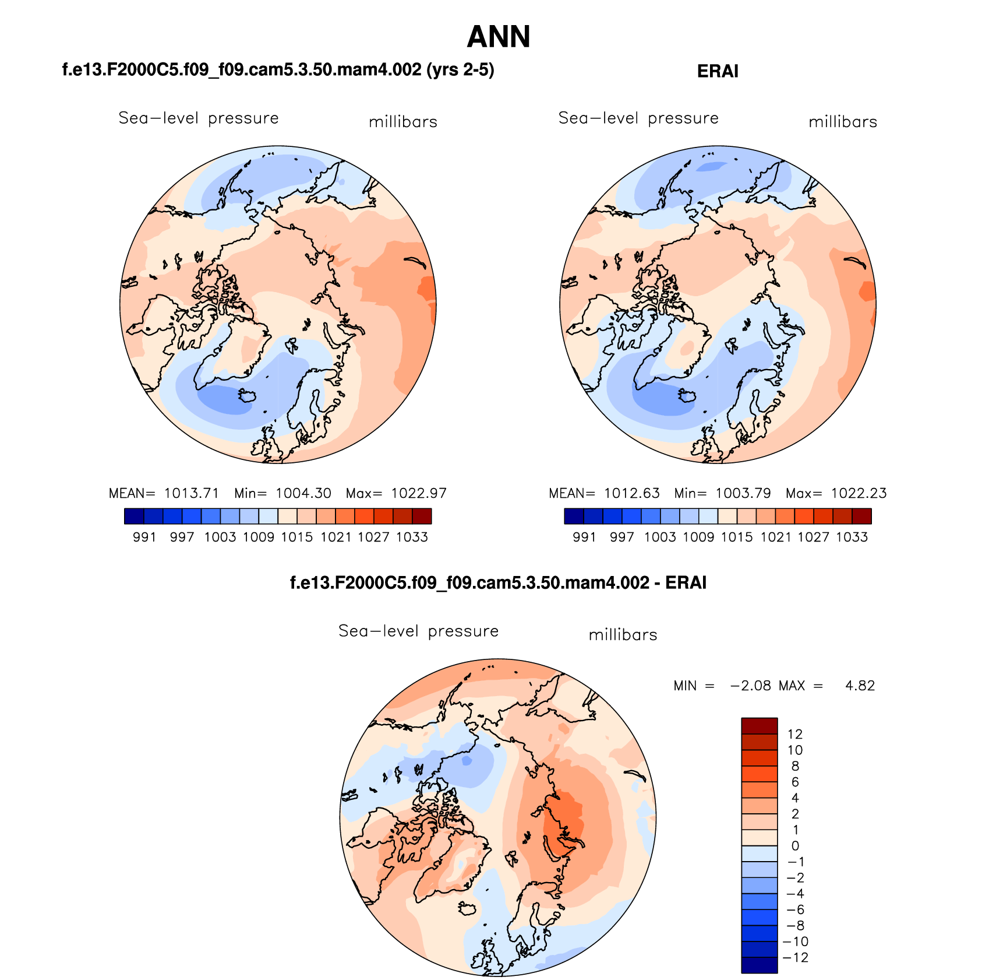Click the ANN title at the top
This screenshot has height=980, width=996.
pos(499,37)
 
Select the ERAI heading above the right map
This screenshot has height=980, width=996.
pos(718,72)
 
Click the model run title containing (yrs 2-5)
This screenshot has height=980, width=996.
pos(278,70)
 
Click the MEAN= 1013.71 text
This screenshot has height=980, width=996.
pos(164,494)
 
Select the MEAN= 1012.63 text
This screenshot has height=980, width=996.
pos(604,494)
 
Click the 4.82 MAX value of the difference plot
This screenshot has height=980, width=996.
pos(860,686)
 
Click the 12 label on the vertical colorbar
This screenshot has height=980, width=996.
pos(795,735)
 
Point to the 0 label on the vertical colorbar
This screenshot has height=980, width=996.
pos(795,846)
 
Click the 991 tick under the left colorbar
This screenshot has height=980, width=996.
pos(144,538)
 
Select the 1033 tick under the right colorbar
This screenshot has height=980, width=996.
pos(852,538)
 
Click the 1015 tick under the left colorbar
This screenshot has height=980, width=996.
pos(297,538)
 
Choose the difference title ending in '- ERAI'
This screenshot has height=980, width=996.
pos(498,583)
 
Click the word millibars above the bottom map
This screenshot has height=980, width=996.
pos(623,635)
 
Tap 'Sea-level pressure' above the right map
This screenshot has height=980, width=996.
pos(638,118)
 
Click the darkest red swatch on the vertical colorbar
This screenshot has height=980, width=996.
pos(759,726)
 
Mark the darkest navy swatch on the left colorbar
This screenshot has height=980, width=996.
pos(133,516)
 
